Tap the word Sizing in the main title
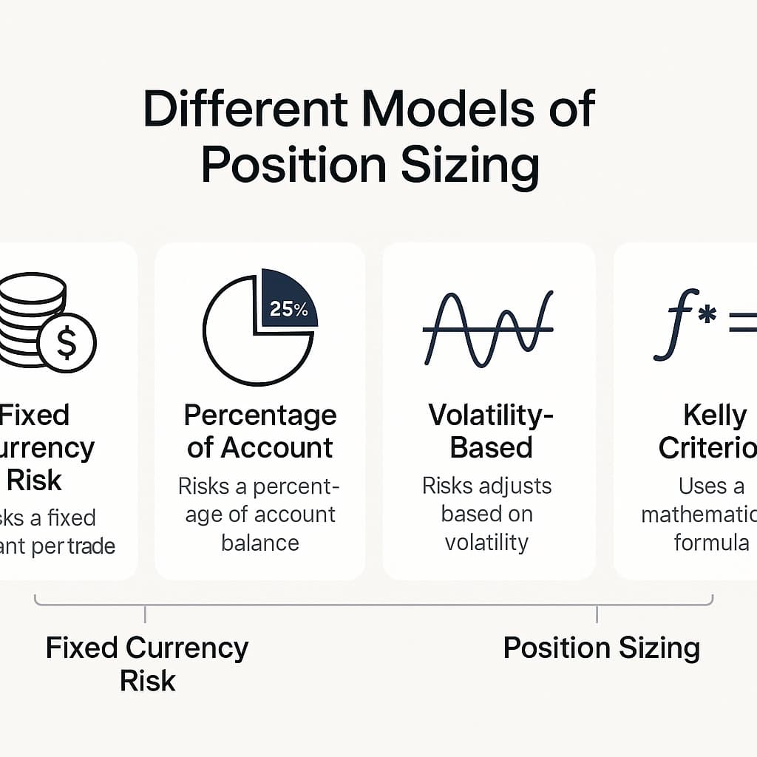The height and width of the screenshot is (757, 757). pos(469,166)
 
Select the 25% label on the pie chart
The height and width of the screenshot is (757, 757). pos(289,308)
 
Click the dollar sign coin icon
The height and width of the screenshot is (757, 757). pos(67,342)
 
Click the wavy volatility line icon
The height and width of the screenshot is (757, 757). pos(488,329)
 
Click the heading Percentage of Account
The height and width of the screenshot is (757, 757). pos(259,431)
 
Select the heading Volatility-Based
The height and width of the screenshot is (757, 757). pos(491,431)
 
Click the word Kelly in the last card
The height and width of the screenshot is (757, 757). pos(714,415)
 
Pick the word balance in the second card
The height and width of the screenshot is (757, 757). pos(260,543)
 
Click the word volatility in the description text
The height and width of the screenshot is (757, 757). pos(486,542)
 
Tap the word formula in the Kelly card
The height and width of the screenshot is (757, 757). pos(711,543)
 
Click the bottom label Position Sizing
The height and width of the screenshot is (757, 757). pos(601,648)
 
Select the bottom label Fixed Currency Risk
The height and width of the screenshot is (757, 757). pos(147,663)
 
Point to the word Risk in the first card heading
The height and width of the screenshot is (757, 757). pos(34,480)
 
